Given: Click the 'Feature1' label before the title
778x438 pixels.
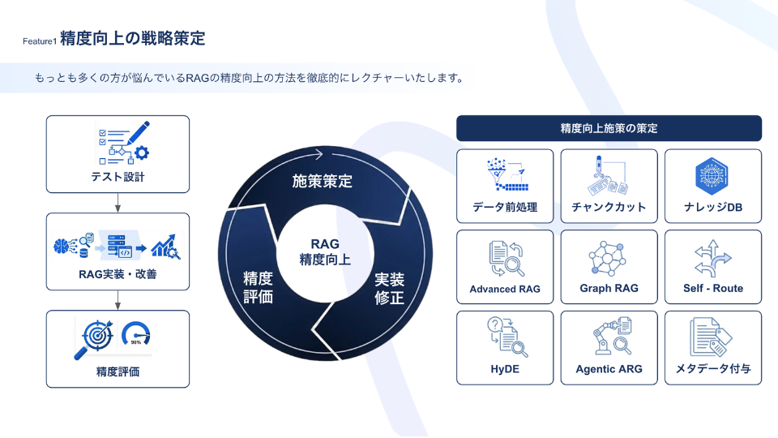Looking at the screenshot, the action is click(x=40, y=41).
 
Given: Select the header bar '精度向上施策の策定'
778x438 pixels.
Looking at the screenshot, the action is click(x=609, y=128).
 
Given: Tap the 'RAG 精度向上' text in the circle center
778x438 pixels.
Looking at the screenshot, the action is click(x=325, y=251).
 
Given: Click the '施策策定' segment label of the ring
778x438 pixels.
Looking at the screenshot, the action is click(x=322, y=181).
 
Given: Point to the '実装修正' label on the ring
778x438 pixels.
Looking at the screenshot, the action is click(x=389, y=289).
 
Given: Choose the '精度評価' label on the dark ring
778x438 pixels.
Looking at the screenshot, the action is click(x=258, y=287).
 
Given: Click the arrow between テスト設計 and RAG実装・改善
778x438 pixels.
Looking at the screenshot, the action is click(x=118, y=203).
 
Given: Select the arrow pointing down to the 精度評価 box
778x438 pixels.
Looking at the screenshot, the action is click(x=118, y=300).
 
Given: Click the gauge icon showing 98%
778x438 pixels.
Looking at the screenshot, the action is click(x=136, y=333).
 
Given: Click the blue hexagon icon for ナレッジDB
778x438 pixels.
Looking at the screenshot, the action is click(x=712, y=176).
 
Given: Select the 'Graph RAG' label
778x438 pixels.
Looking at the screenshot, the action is click(x=609, y=288).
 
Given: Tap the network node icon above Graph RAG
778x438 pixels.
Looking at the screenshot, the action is click(x=607, y=258).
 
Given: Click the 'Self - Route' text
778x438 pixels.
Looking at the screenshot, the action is click(x=713, y=288).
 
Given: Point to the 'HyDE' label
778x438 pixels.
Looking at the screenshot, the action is click(x=505, y=369).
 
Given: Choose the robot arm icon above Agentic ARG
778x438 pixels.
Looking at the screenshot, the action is click(x=604, y=338).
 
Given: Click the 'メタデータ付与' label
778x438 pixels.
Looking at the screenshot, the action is click(x=713, y=368).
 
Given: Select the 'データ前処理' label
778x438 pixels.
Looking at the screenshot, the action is click(x=505, y=207).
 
